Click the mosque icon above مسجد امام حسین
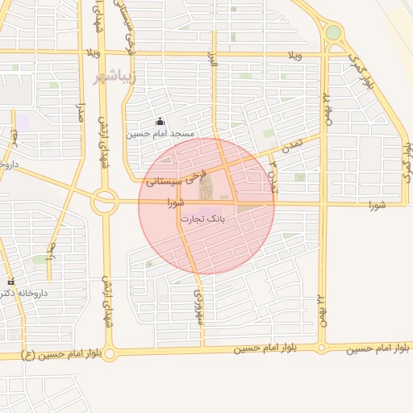(160, 122)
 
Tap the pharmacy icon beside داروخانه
(10, 282)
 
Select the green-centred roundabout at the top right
(333, 33)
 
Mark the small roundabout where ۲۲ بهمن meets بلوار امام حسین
(322, 348)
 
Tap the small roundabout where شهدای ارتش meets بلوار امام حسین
(110, 353)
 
